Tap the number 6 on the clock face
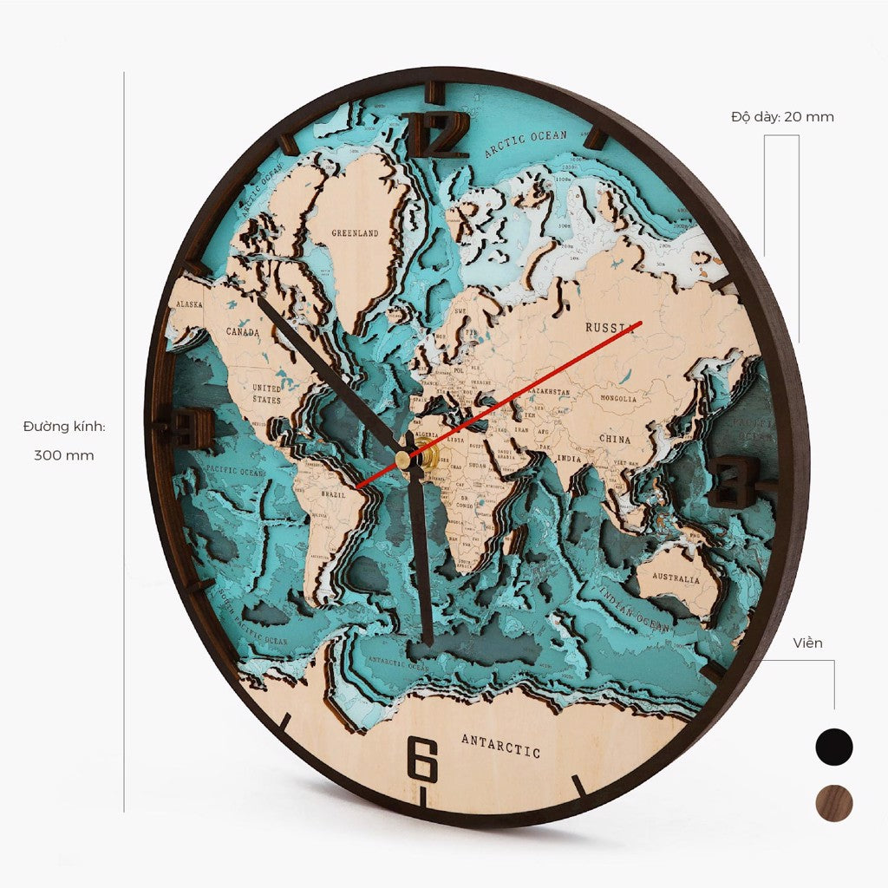pyautogui.click(x=422, y=760)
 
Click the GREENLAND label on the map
pyautogui.click(x=356, y=234)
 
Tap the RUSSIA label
pyautogui.click(x=610, y=328)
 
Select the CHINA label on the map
pyautogui.click(x=615, y=439)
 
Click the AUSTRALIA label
pyautogui.click(x=676, y=578)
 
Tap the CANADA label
pyautogui.click(x=242, y=331)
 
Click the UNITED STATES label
pyautogui.click(x=266, y=394)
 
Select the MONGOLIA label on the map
pyautogui.click(x=618, y=399)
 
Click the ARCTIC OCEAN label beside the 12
pyautogui.click(x=526, y=145)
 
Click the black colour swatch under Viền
pyautogui.click(x=834, y=746)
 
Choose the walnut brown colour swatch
pyautogui.click(x=834, y=803)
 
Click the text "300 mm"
pyautogui.click(x=64, y=455)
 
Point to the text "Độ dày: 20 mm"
pyautogui.click(x=782, y=116)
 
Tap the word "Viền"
pyautogui.click(x=807, y=643)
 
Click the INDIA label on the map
pyautogui.click(x=569, y=458)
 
